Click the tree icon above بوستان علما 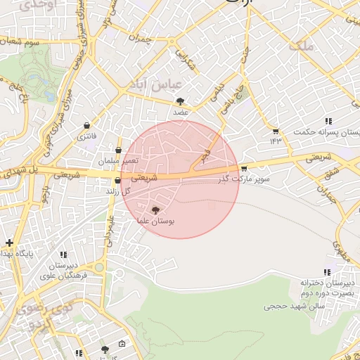[155, 210]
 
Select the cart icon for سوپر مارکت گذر [244, 168]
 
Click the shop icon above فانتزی [86, 125]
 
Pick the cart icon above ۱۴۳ [274, 131]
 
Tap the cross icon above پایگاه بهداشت [9, 243]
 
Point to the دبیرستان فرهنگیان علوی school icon [63, 255]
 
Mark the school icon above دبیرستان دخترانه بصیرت [326, 271]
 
